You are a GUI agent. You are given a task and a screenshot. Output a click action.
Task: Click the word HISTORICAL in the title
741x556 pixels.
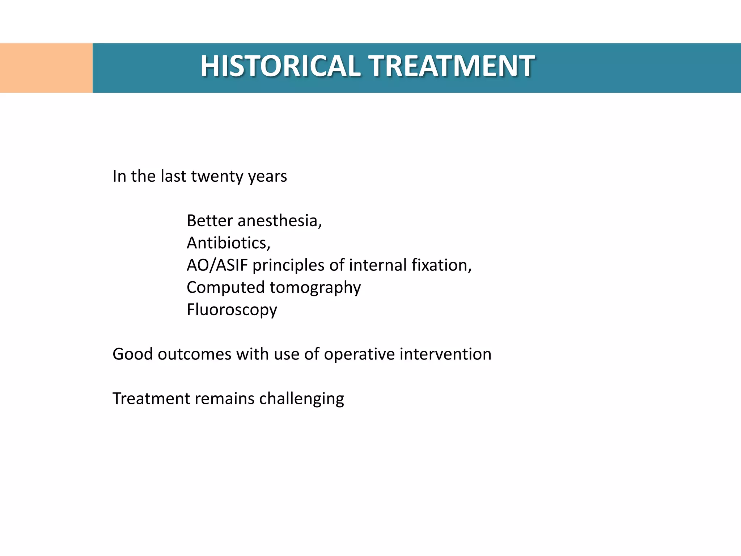pos(280,66)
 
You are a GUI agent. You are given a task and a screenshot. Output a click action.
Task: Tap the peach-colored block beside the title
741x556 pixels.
pos(46,68)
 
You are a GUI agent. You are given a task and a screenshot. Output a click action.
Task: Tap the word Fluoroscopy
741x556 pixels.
pos(232,310)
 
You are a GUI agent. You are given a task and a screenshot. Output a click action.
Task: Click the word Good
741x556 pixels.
pos(132,354)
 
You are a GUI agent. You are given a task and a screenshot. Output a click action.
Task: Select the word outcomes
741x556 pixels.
pos(194,354)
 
